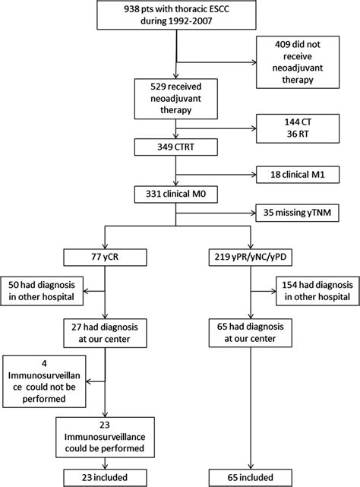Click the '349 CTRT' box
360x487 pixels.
click(175, 144)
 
